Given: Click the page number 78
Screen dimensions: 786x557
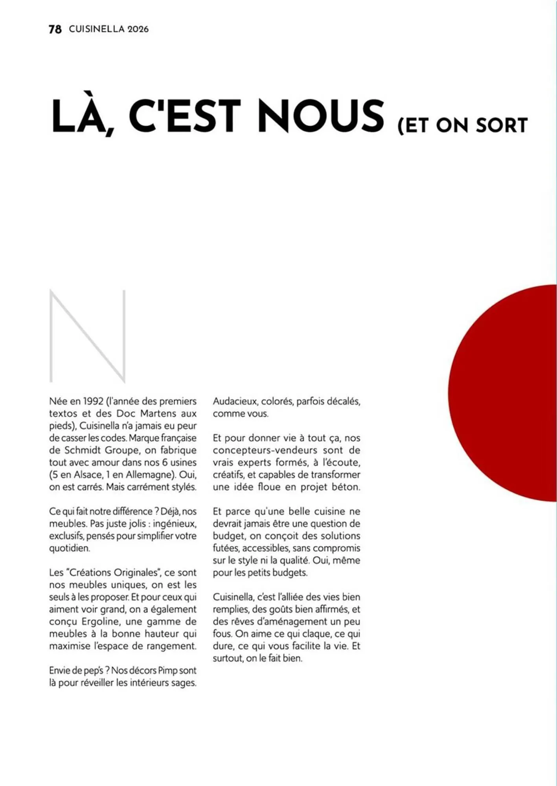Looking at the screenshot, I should (55, 29).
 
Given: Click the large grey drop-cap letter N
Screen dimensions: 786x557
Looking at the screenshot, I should (87, 336).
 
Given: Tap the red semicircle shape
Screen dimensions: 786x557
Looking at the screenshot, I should (507, 393).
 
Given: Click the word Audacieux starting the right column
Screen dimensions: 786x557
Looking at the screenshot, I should (234, 402).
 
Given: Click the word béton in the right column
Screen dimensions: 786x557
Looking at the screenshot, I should (346, 487).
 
